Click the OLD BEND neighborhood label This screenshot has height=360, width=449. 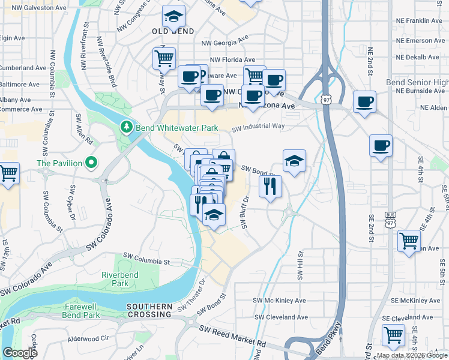[x=172, y=31]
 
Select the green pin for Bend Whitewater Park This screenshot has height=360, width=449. [x=126, y=127]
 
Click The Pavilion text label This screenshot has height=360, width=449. [x=59, y=163]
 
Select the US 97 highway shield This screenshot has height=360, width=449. [x=325, y=98]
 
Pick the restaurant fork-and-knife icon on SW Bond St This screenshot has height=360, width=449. [x=270, y=186]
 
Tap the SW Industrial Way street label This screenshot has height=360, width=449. [x=258, y=127]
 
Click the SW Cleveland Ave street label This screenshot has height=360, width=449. [x=281, y=317]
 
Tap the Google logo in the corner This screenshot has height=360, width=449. [x=20, y=353]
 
